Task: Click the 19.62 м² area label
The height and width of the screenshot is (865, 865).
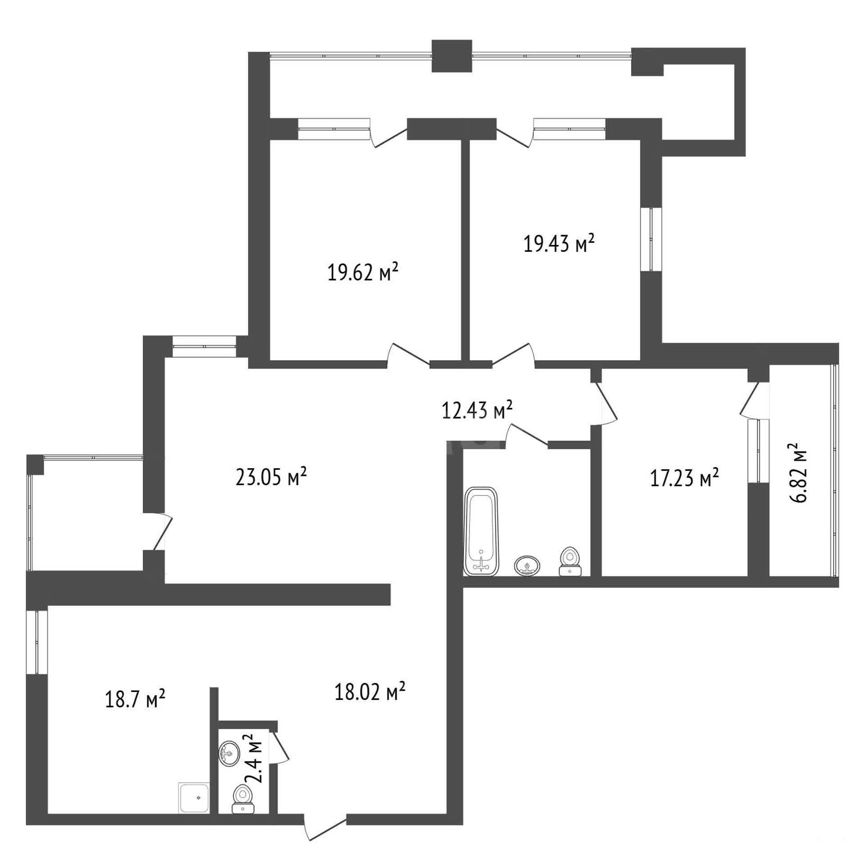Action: tap(363, 272)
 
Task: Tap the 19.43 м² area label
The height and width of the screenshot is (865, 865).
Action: tap(559, 243)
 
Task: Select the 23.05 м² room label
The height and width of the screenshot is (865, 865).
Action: tap(271, 477)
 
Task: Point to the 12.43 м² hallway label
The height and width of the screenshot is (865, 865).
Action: tap(477, 410)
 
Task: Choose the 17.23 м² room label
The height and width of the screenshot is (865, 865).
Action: tap(684, 478)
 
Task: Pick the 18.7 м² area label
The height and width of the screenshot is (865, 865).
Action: tap(135, 700)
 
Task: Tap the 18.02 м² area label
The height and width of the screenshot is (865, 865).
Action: tap(370, 692)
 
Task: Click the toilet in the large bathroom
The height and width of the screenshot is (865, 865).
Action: tap(570, 561)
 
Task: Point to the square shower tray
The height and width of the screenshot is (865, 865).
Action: tap(194, 798)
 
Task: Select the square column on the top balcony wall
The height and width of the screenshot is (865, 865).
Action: tap(451, 56)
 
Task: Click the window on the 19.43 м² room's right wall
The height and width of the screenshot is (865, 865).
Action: tap(651, 239)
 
